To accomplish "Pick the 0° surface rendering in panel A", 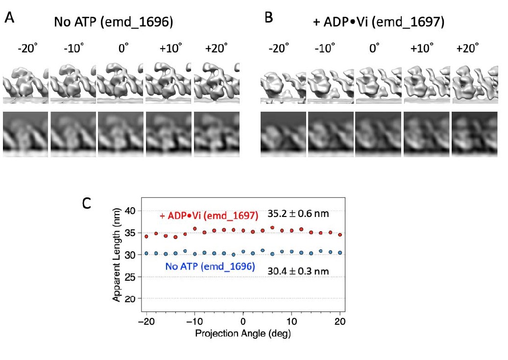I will pyautogui.click(x=120, y=81).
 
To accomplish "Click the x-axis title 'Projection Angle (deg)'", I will pyautogui.click(x=243, y=333).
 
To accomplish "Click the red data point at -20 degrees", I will pyautogui.click(x=146, y=236).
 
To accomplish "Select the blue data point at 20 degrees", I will pyautogui.click(x=339, y=253).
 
